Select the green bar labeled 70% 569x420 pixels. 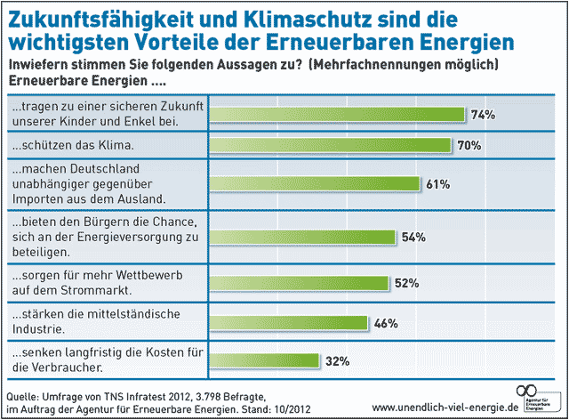(329, 145)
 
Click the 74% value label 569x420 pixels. (483, 114)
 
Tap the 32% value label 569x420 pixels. (337, 360)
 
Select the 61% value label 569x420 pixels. (437, 184)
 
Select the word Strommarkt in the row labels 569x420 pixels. (94, 290)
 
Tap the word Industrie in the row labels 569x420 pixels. (42, 329)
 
